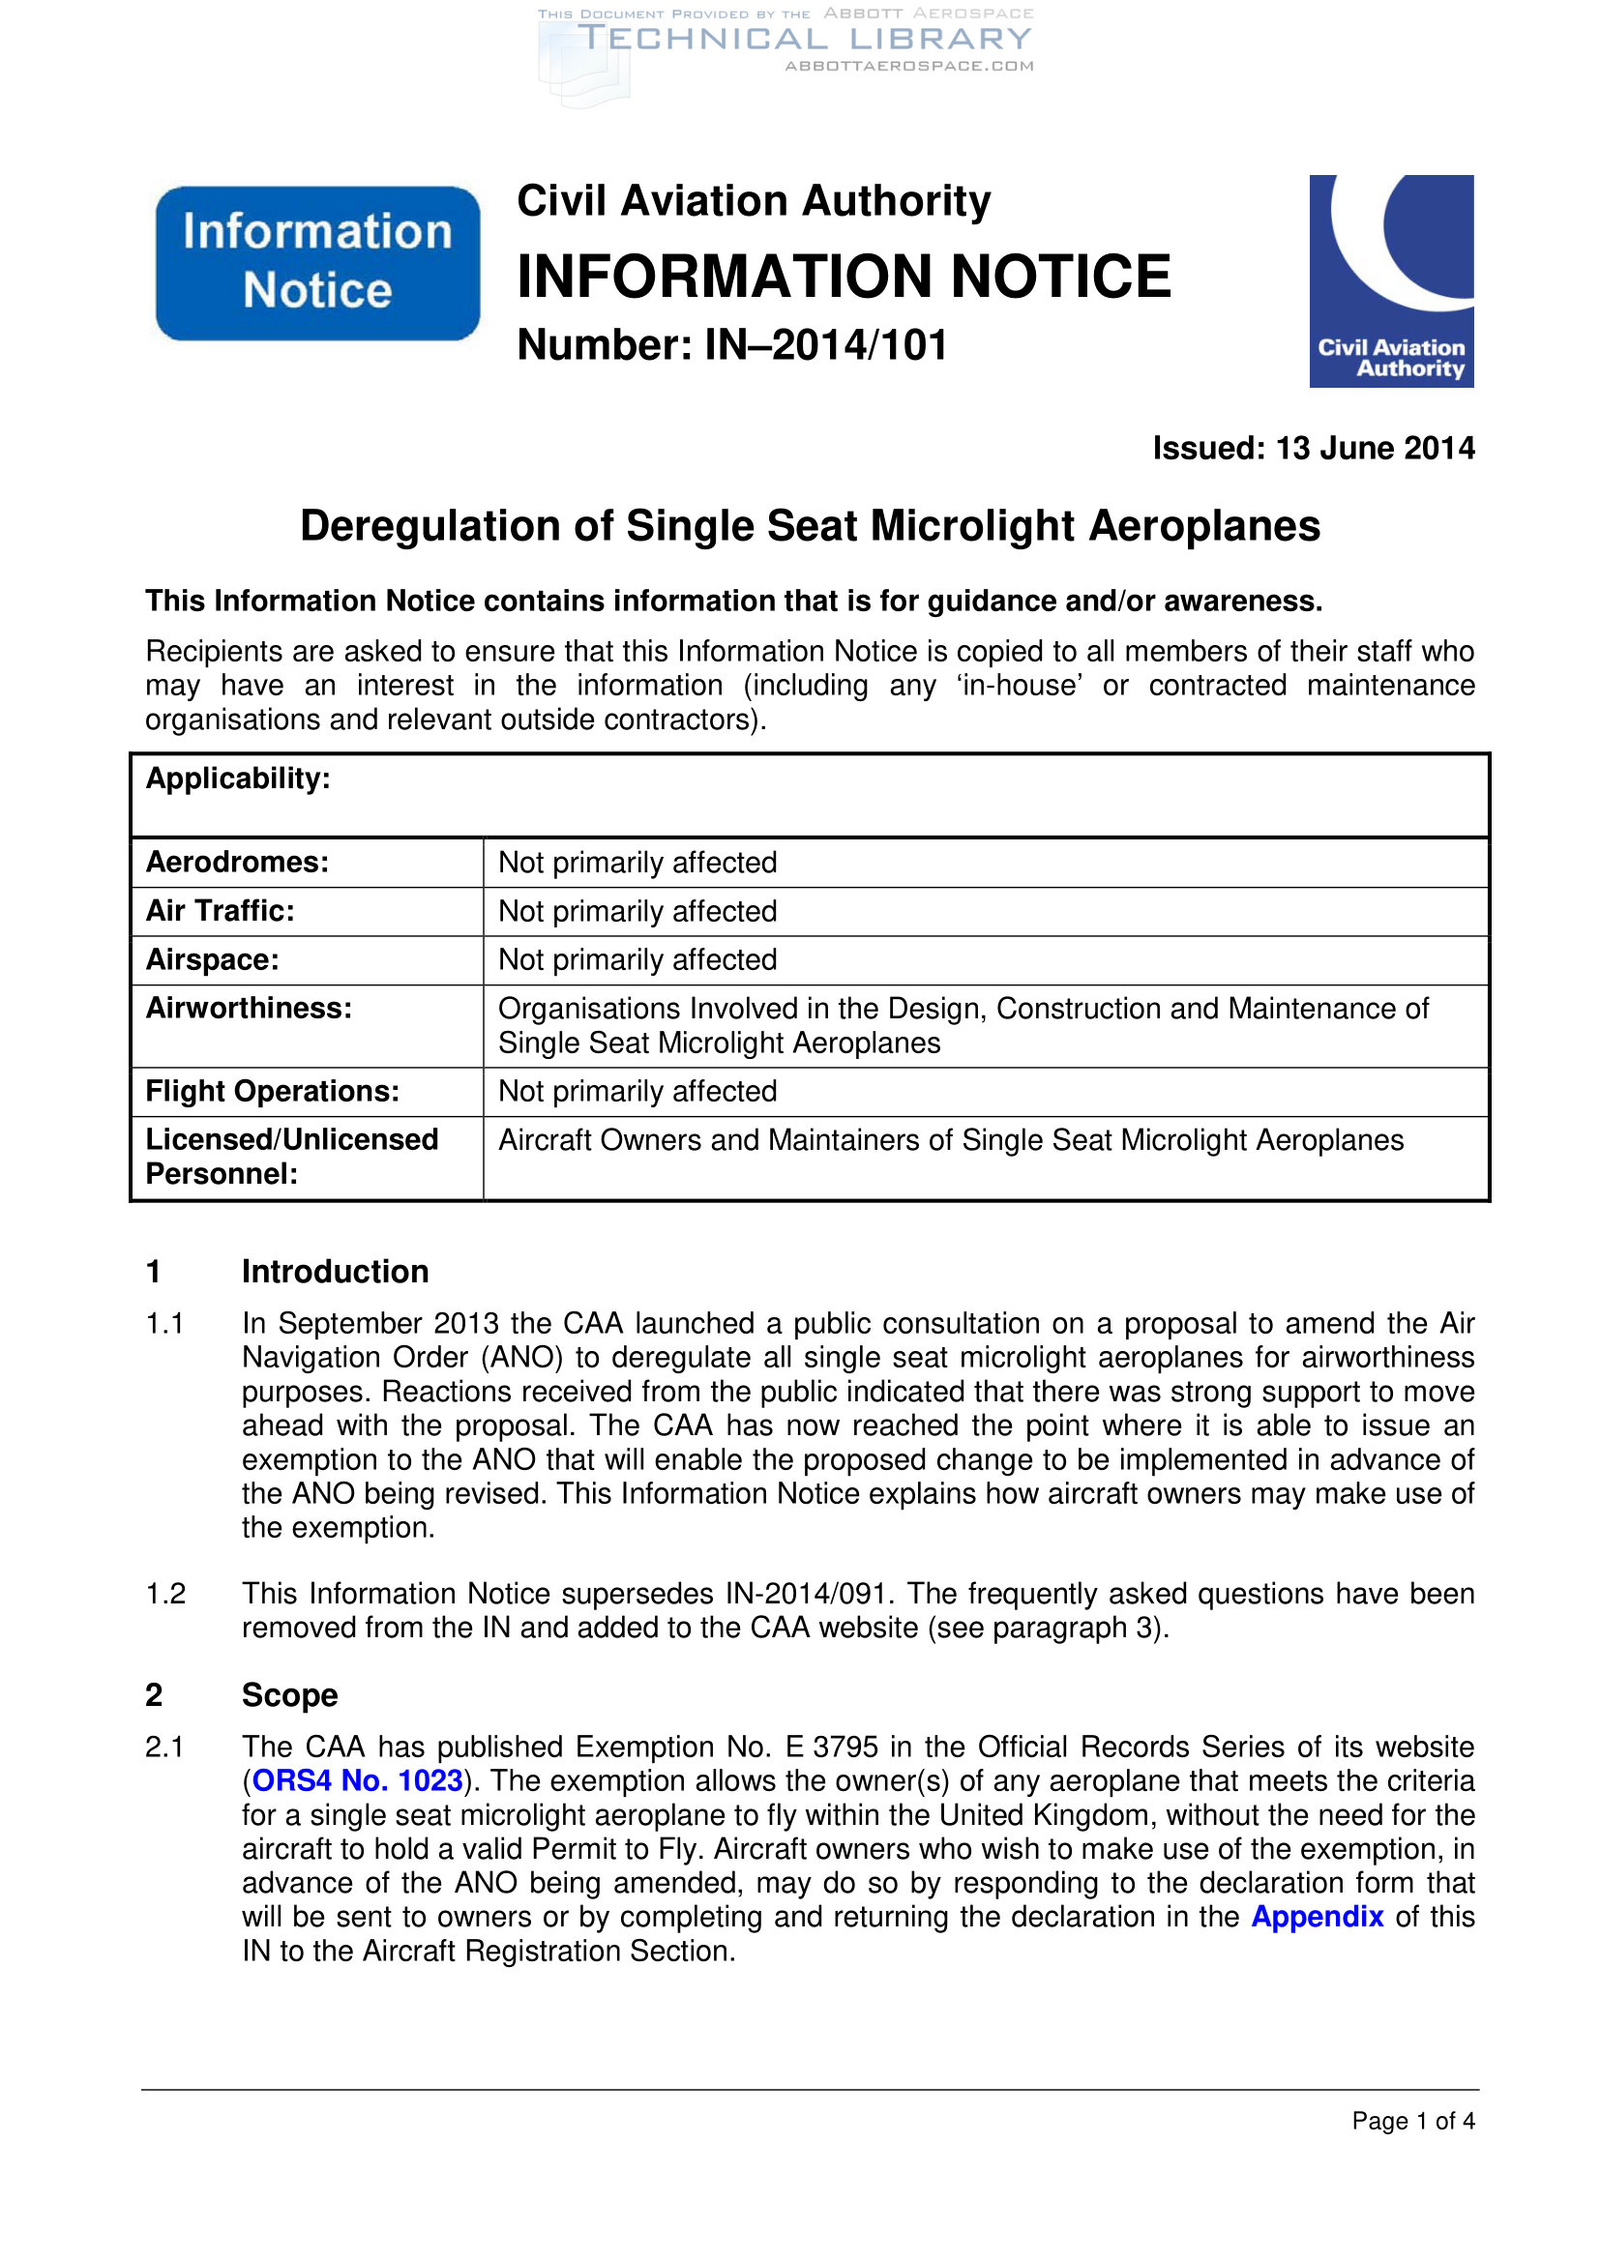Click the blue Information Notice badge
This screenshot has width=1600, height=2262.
pyautogui.click(x=317, y=263)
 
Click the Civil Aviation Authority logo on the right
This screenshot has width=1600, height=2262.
pyautogui.click(x=1390, y=280)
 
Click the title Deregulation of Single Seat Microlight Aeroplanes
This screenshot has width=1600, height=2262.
pyautogui.click(x=809, y=526)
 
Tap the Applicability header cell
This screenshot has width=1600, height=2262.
pyautogui.click(x=237, y=779)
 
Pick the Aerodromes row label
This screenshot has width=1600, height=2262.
pyautogui.click(x=237, y=863)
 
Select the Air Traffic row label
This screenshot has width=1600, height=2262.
pyautogui.click(x=220, y=911)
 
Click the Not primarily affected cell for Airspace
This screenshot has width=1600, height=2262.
pyautogui.click(x=637, y=959)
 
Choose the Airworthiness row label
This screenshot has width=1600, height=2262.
pyautogui.click(x=249, y=1009)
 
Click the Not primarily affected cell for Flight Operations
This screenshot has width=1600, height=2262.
pyautogui.click(x=637, y=1092)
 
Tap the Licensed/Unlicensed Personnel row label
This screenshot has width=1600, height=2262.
pyautogui.click(x=291, y=1157)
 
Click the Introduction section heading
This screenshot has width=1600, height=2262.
pyautogui.click(x=335, y=1272)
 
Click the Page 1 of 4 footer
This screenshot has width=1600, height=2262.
pyautogui.click(x=1411, y=2121)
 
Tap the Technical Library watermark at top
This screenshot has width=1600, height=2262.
pyautogui.click(x=803, y=41)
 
